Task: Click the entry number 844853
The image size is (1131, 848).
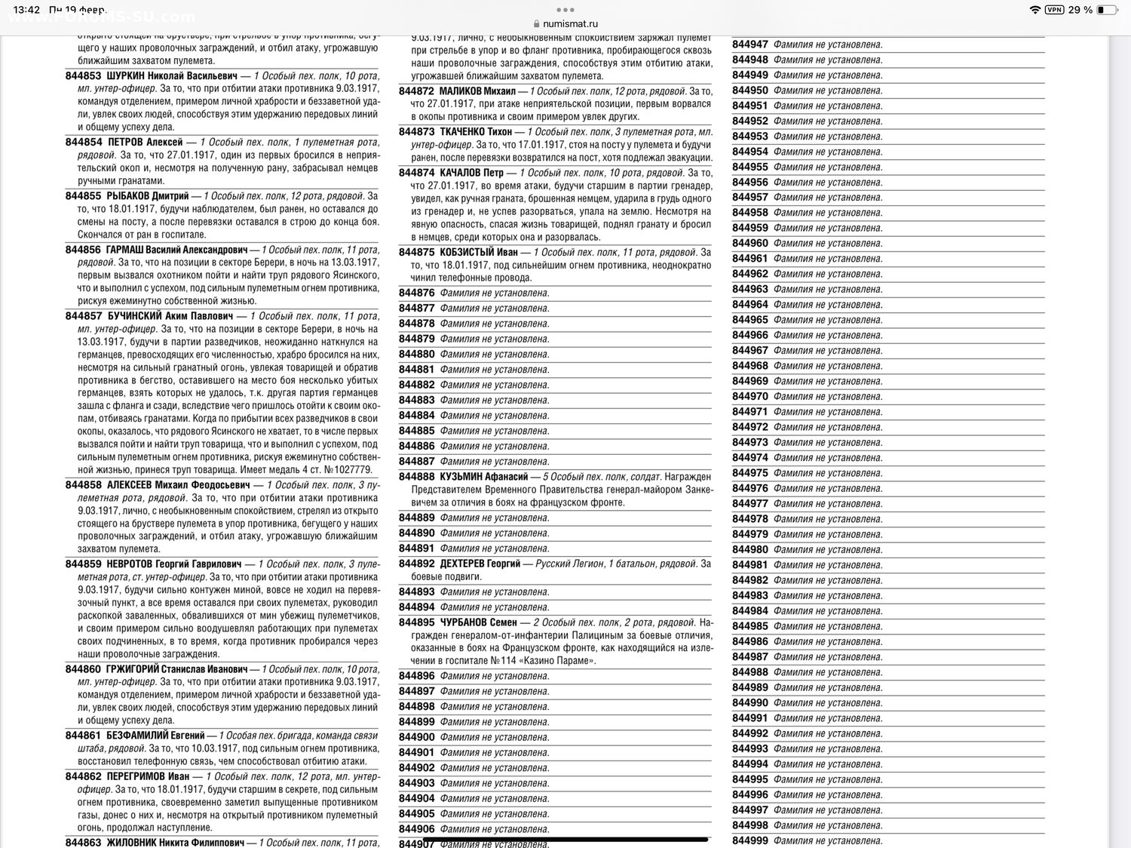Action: (83, 75)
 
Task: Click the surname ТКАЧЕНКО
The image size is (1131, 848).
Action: (466, 131)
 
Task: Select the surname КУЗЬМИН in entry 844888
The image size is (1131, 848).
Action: (461, 476)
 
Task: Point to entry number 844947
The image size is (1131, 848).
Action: (749, 45)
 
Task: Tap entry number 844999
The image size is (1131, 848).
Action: (749, 840)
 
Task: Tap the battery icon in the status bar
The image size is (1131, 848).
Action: (1106, 10)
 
